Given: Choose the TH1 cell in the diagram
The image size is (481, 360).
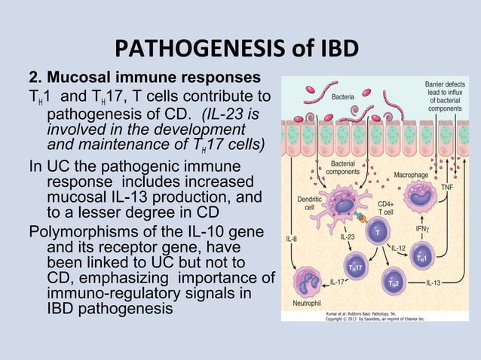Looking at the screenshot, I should tap(422, 257).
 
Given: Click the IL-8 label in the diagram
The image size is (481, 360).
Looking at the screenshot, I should tap(290, 239).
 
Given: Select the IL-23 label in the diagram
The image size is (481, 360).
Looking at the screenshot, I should tap(348, 236).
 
